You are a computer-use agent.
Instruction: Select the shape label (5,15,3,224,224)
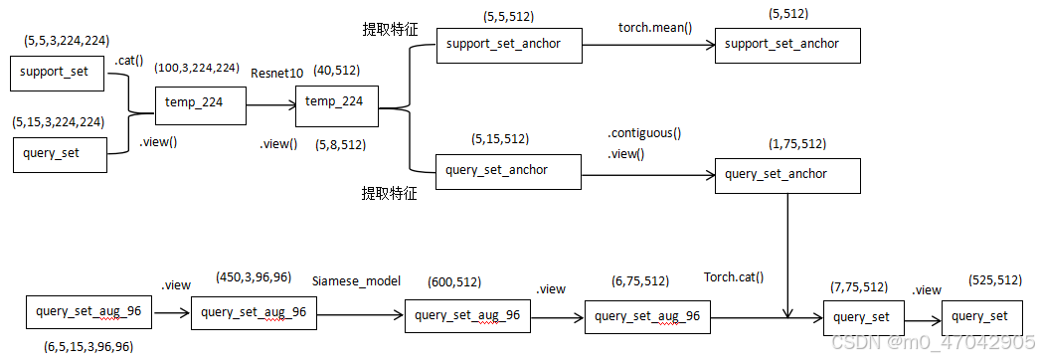[58, 122]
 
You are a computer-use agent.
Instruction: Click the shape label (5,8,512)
[340, 144]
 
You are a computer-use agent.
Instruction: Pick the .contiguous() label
[643, 133]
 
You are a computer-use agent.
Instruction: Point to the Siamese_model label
[356, 281]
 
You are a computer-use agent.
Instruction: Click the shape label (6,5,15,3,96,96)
[88, 347]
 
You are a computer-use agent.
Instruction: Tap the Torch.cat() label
[733, 276]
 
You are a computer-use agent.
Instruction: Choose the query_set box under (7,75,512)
[863, 317]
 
